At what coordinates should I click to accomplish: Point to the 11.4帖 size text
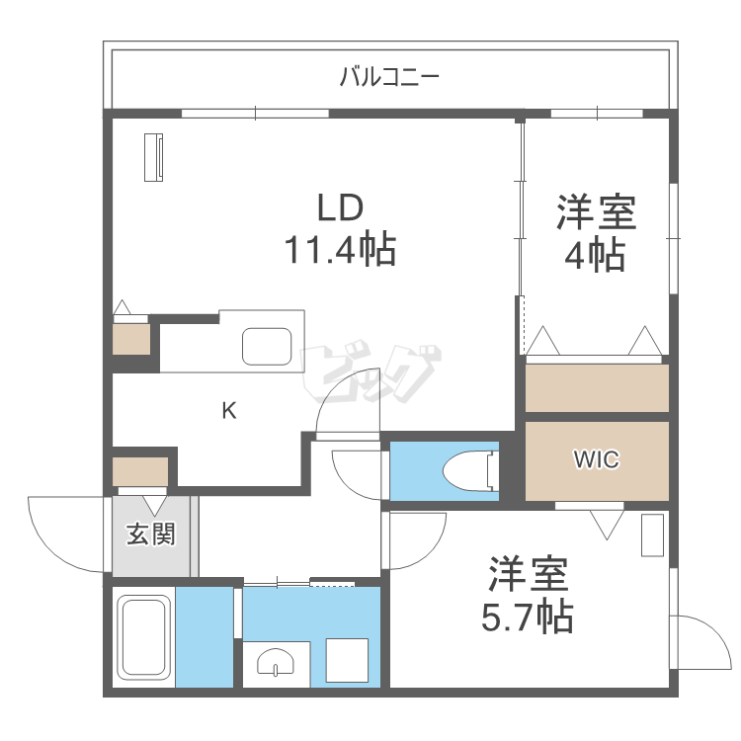pos(341,250)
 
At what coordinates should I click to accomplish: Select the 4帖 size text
pos(594,256)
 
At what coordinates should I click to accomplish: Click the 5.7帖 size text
pos(527,617)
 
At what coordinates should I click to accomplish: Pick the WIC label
pos(597,461)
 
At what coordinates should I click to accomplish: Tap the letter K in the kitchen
pos(228,411)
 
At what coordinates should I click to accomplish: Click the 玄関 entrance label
pos(150,535)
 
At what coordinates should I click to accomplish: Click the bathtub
pos(143,637)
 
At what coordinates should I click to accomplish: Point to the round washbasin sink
pos(275,665)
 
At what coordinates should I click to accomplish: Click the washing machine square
pos(347,660)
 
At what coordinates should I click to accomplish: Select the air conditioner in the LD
pos(155,158)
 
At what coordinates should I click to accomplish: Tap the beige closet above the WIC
pos(597,388)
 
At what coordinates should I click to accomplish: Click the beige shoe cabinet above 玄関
pos(140,471)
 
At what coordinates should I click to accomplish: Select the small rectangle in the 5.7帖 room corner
pos(653,535)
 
